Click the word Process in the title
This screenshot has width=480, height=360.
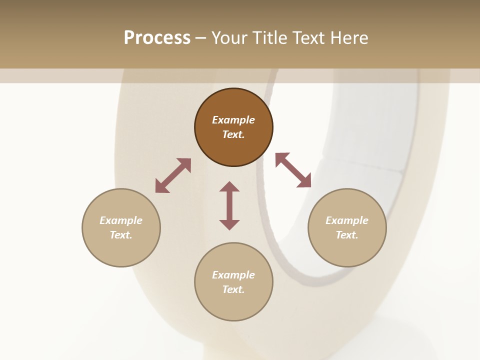[x=157, y=38]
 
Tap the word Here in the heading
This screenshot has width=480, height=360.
[x=348, y=38]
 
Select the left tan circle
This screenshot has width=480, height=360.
[x=121, y=250]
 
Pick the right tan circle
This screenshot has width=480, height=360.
[x=347, y=250]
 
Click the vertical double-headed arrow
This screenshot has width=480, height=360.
[x=229, y=205]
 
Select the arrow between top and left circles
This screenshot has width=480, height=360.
[x=173, y=176]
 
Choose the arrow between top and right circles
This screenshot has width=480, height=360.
[x=293, y=170]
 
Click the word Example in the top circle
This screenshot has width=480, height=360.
[x=233, y=120]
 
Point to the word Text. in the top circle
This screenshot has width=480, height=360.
[x=233, y=134]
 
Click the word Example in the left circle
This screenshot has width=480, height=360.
[x=121, y=220]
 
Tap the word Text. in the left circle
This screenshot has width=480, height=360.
[x=121, y=235]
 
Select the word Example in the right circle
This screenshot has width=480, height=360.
[x=347, y=220]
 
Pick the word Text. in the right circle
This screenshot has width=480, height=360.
[x=347, y=235]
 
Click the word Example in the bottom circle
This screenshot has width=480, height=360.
[x=233, y=275]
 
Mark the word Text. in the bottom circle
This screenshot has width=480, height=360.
[x=233, y=289]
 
